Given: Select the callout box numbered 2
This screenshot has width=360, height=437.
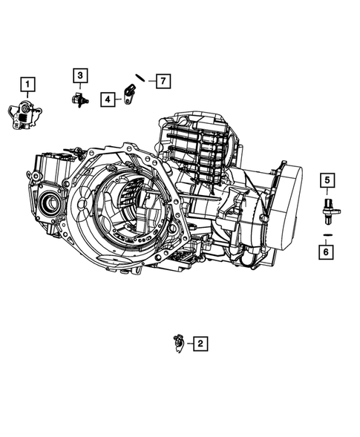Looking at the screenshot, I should [x=200, y=343].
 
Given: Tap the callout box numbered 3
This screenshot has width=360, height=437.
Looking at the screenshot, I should [x=79, y=74].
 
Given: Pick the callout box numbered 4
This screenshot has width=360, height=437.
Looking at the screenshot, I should [x=108, y=99].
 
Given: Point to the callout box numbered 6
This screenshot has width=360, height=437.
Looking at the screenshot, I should [x=327, y=252].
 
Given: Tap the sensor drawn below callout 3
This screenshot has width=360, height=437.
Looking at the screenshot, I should [x=79, y=99].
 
